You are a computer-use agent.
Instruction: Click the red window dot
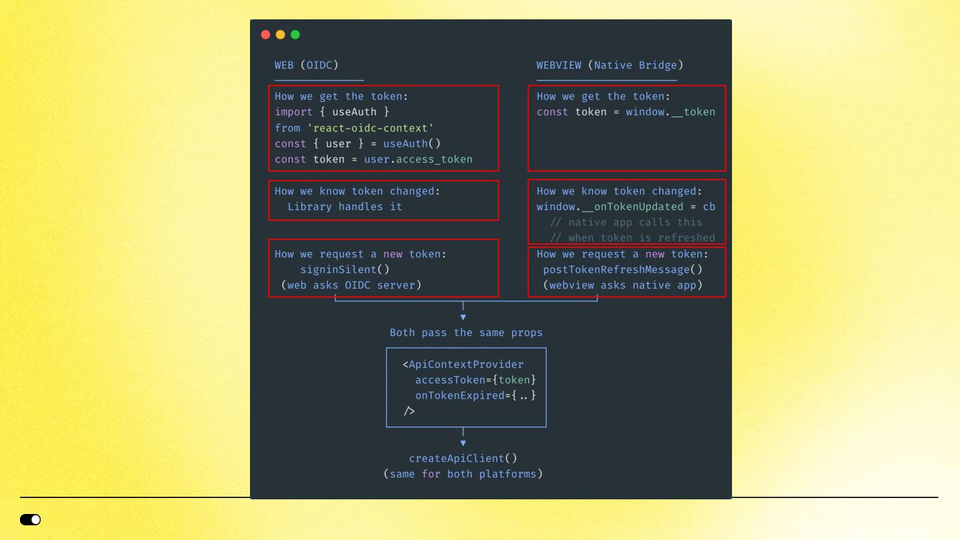[266, 35]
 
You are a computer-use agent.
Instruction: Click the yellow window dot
[281, 35]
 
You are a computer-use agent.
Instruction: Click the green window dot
[295, 35]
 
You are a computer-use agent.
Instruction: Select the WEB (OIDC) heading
[307, 65]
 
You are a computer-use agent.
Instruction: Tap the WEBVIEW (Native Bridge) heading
[609, 65]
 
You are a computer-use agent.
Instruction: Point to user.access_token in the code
[418, 159]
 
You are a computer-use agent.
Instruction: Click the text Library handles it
[345, 207]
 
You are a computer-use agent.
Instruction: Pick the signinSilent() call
[345, 269]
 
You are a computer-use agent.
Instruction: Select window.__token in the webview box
[670, 112]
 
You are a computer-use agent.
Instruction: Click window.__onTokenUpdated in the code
[610, 207]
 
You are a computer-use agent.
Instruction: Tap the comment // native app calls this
[626, 222]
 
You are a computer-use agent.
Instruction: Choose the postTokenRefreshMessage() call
[623, 269]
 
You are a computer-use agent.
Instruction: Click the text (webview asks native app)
[623, 285]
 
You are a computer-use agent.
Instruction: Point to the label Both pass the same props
[466, 333]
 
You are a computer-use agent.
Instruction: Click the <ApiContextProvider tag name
[465, 365]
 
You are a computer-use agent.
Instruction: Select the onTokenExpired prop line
[475, 396]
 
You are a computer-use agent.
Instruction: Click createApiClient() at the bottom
[463, 459]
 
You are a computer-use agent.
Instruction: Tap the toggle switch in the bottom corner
[31, 519]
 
